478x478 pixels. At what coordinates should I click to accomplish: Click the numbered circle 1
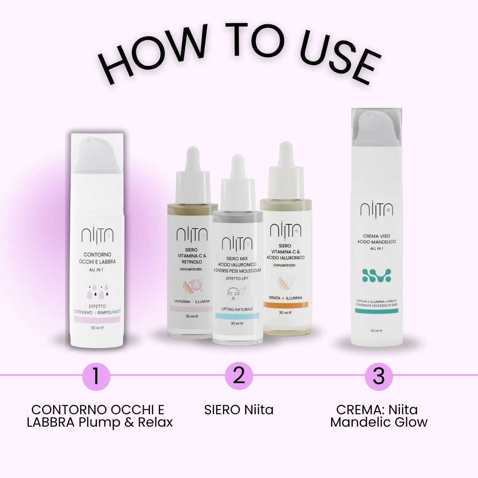point(96,376)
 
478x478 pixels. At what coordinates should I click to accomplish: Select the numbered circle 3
point(379,376)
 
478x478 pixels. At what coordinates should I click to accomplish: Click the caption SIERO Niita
point(239,410)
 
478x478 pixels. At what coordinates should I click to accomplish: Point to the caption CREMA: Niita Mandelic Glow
point(379,416)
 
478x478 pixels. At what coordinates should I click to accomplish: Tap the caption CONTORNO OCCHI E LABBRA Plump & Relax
point(100,416)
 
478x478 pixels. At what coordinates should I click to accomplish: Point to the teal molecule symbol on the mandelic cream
point(377,275)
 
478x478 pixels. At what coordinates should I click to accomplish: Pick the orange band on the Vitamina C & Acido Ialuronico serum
point(285,305)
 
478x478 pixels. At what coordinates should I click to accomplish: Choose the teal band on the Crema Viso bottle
point(377,311)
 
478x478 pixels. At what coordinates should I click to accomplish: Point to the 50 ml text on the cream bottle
point(377,330)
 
